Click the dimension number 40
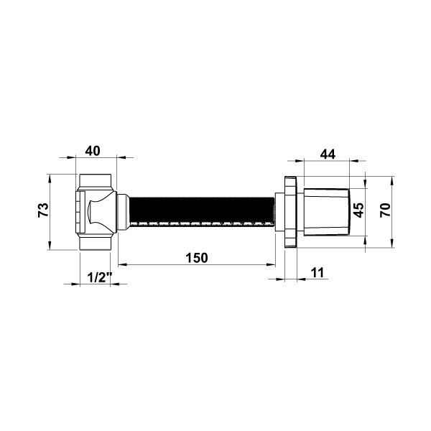(93, 151)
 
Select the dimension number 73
(43, 210)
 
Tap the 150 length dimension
(197, 258)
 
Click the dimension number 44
(328, 154)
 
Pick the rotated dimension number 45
(358, 210)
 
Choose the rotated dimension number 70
(385, 210)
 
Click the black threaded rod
(202, 211)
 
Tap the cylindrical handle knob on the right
(327, 212)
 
